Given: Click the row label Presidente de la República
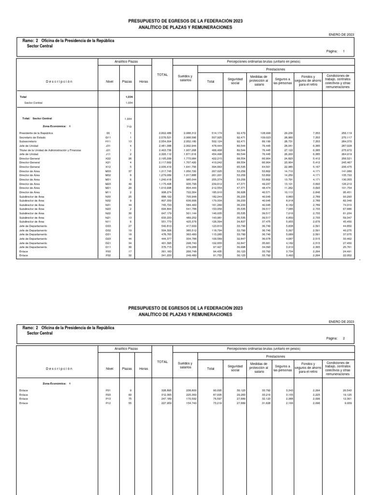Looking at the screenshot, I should click(36, 132).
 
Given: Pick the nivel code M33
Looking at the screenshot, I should click(108, 171).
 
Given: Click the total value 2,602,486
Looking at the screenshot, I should click(165, 132).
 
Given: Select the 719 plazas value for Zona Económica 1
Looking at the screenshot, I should click(129, 127).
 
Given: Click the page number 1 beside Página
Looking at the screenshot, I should click(344, 51).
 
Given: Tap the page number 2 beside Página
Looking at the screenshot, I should click(344, 339).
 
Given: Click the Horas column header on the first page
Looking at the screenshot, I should click(143, 82).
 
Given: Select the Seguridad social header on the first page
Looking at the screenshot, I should click(235, 80).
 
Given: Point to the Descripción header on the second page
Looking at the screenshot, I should click(59, 369).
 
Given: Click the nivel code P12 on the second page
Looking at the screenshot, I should click(108, 403).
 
